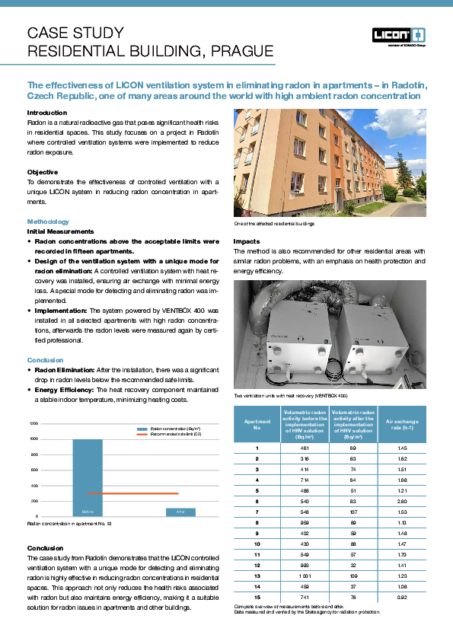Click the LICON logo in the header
click(398, 35)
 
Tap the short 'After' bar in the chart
click(181, 512)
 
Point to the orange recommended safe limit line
click(133, 493)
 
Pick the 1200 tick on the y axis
click(33, 423)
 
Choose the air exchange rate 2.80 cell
click(403, 502)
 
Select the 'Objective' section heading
click(43, 172)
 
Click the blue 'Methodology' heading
click(48, 222)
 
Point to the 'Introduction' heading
click(47, 113)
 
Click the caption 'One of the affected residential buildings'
click(273, 223)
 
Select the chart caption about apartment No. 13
click(69, 525)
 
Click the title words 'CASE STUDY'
click(75, 33)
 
